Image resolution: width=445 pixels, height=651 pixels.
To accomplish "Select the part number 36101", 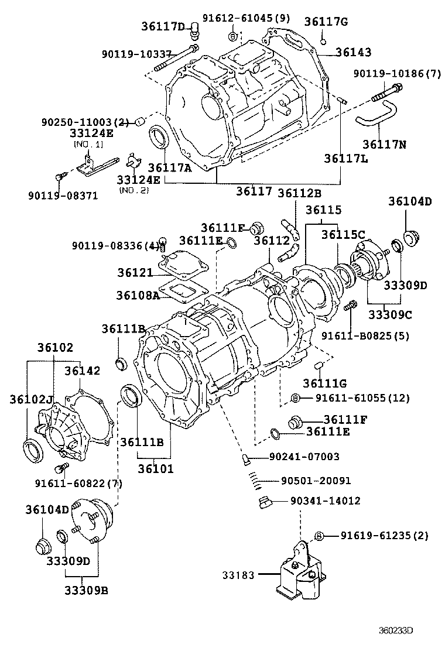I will [156, 468].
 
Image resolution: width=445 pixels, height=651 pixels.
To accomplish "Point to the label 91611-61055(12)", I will [362, 398].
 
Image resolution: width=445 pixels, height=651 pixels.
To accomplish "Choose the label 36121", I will [134, 273].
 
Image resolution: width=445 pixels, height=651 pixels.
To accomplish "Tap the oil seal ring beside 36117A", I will [158, 138].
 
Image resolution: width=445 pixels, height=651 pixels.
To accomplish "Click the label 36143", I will [353, 52].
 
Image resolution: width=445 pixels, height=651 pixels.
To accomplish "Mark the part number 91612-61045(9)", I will [246, 18].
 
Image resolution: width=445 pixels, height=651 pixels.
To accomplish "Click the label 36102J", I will [30, 400].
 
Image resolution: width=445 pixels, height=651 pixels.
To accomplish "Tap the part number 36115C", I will [343, 234].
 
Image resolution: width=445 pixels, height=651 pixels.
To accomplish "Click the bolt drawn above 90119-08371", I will [59, 176].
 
